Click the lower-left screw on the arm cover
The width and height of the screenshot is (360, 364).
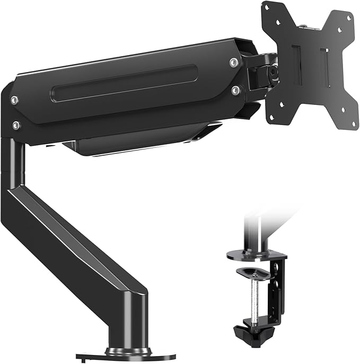tap(16, 125)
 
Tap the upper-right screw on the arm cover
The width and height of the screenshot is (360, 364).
tap(233, 63)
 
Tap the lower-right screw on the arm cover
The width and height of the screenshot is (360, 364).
tap(234, 90)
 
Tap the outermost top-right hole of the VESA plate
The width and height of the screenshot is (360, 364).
tap(349, 18)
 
